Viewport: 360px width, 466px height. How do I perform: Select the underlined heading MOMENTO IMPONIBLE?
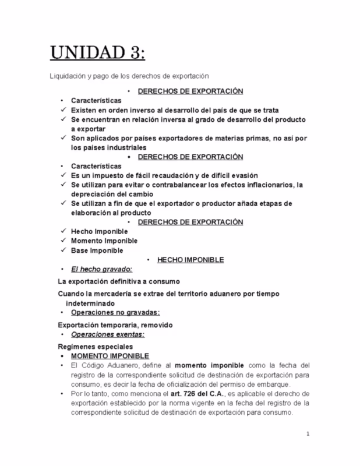(109, 356)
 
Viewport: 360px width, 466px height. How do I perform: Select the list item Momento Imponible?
(104, 241)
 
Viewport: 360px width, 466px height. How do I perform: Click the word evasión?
(241, 176)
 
